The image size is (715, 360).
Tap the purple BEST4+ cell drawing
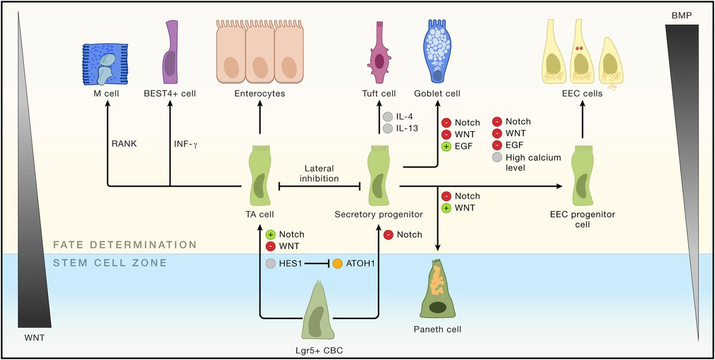coord(170,52)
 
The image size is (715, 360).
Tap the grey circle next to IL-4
coord(388,117)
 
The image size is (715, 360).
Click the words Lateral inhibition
coord(321,173)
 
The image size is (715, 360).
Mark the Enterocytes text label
coord(259,94)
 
